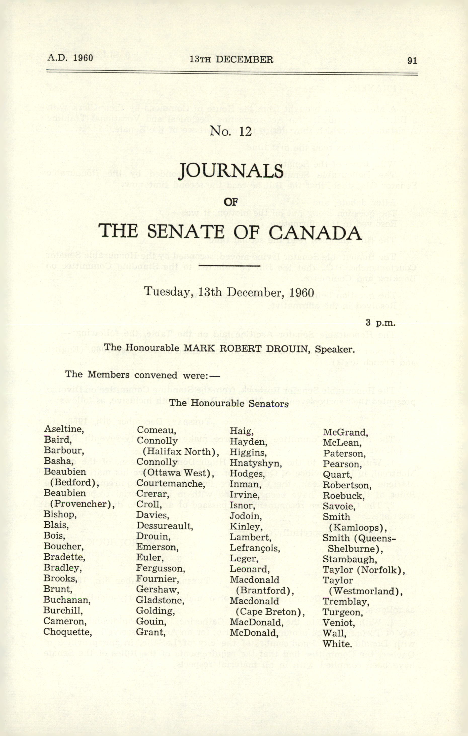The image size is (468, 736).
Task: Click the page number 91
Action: pyautogui.click(x=412, y=60)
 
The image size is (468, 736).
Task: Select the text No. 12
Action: pyautogui.click(x=231, y=131)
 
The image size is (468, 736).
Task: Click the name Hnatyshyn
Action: pyautogui.click(x=256, y=463)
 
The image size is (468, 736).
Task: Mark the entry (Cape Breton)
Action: pyautogui.click(x=270, y=612)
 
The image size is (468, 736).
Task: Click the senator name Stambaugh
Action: pyautogui.click(x=350, y=559)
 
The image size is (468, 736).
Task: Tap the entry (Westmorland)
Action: pyautogui.click(x=366, y=591)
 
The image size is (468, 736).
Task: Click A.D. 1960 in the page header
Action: pyautogui.click(x=70, y=58)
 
